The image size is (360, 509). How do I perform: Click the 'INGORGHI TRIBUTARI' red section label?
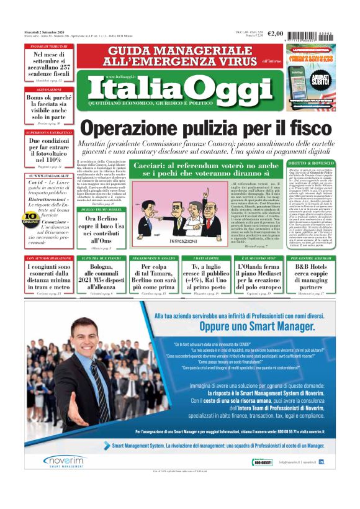50,47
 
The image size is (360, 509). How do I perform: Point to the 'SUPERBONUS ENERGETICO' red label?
50,133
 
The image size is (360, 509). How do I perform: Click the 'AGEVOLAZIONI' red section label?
50,89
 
